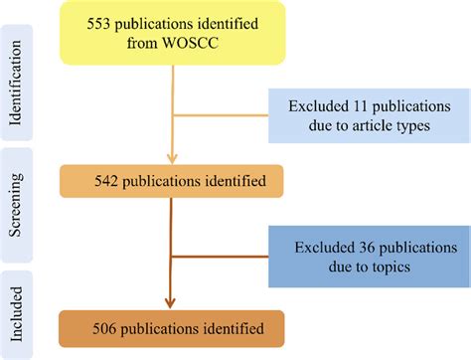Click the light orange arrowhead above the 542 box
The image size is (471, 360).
coord(173,156)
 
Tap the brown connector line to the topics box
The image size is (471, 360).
coord(221,256)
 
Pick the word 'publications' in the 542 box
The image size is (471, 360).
coord(178,181)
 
